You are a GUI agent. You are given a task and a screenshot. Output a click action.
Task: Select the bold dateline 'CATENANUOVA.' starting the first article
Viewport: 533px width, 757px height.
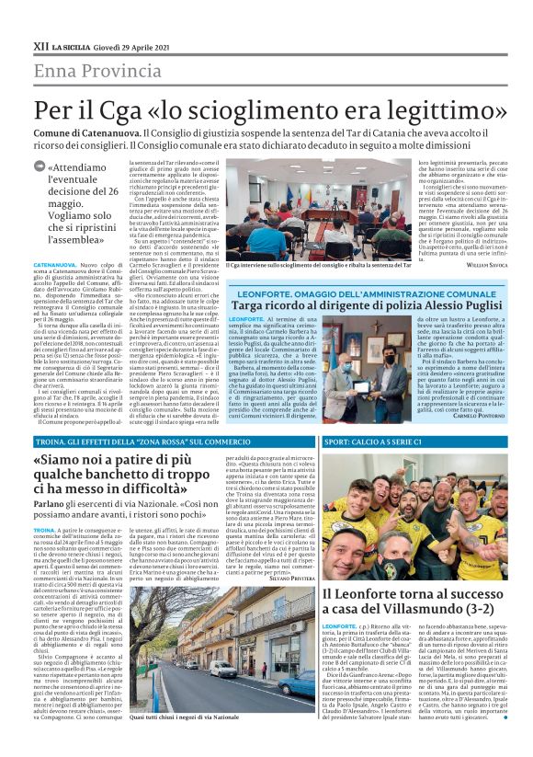(x=55, y=263)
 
